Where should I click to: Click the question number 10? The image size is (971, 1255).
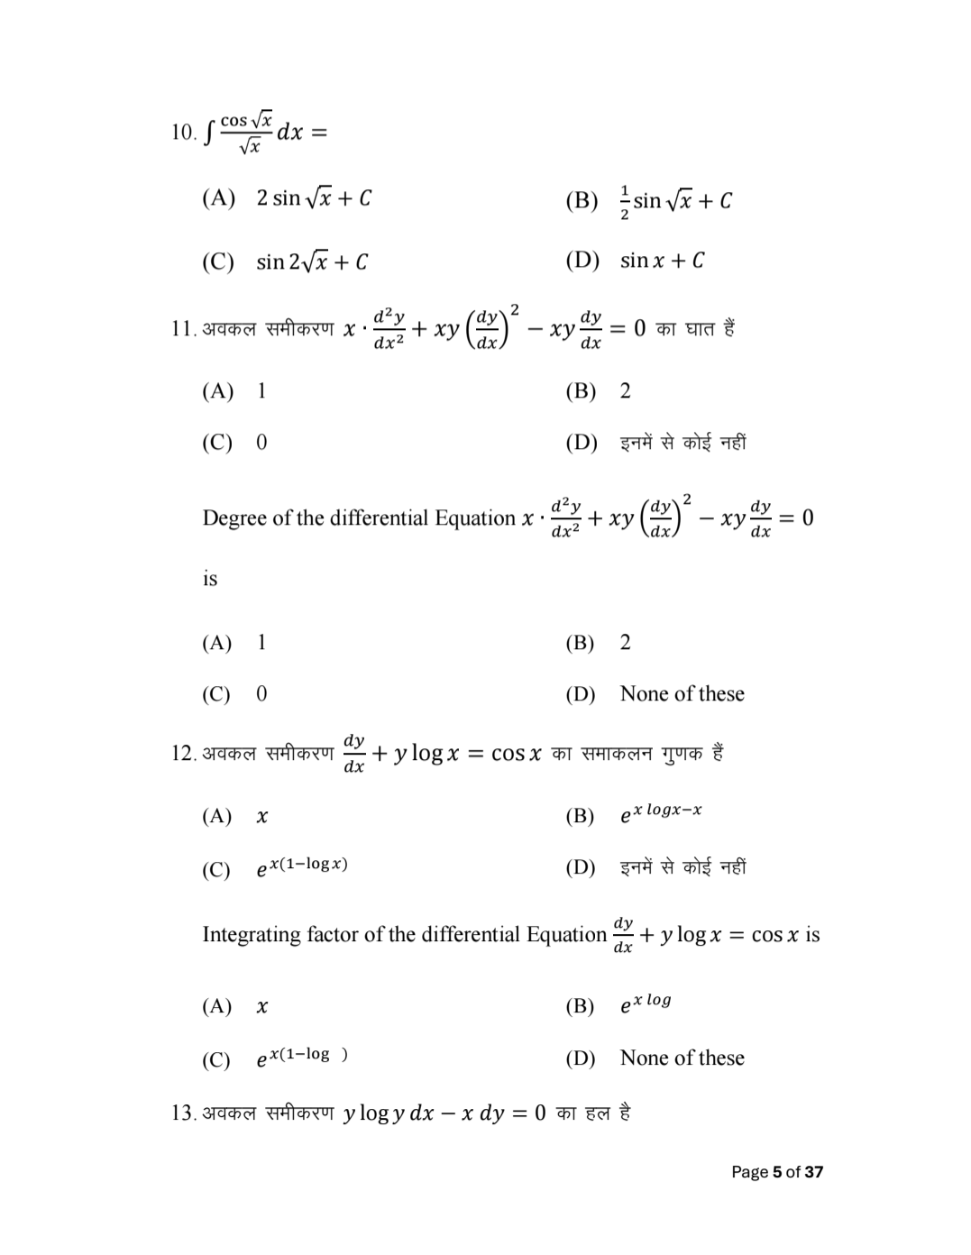pyautogui.click(x=183, y=133)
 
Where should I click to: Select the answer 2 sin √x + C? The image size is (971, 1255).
pyautogui.click(x=313, y=198)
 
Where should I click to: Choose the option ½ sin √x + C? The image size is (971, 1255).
pyautogui.click(x=675, y=200)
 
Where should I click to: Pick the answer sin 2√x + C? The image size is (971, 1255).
pyautogui.click(x=311, y=262)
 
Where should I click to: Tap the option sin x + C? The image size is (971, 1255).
pyautogui.click(x=662, y=261)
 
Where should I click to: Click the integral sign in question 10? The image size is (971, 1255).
pyautogui.click(x=209, y=133)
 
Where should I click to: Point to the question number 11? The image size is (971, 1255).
pyautogui.click(x=183, y=329)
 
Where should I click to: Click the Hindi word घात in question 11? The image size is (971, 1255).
pyautogui.click(x=701, y=328)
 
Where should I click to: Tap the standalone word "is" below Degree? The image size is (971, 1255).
pyautogui.click(x=210, y=579)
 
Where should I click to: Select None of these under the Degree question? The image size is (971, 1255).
pyautogui.click(x=682, y=694)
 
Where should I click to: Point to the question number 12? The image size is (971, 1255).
pyautogui.click(x=183, y=754)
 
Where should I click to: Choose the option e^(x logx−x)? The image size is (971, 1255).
pyautogui.click(x=660, y=813)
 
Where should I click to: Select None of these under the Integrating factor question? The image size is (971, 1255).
pyautogui.click(x=682, y=1058)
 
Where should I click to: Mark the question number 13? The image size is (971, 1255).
pyautogui.click(x=183, y=1113)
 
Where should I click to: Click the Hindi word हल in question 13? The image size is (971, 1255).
pyautogui.click(x=598, y=1113)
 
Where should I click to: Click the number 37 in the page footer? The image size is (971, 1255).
pyautogui.click(x=813, y=1172)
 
